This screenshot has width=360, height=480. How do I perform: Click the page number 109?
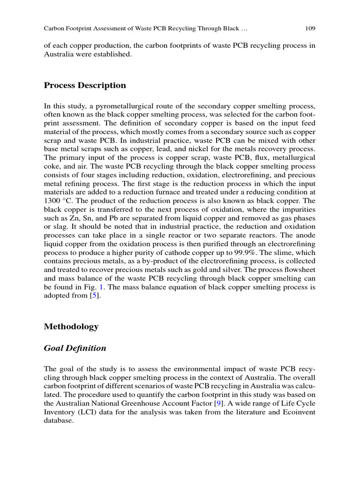310,29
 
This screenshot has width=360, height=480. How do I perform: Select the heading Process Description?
85,85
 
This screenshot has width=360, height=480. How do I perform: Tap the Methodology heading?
71,327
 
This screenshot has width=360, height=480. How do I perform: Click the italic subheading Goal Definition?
75,348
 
